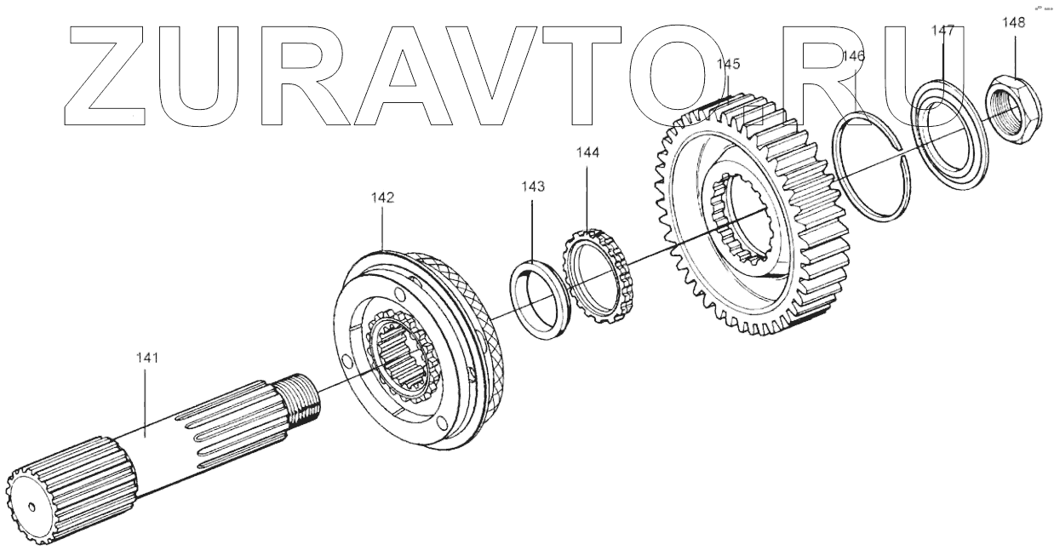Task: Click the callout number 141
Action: [x=146, y=358]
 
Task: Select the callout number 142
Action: [x=382, y=198]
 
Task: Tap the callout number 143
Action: [x=533, y=186]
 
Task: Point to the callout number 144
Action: [x=587, y=152]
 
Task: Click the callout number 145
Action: [x=729, y=64]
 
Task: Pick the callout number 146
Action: [x=853, y=56]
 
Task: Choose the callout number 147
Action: [x=942, y=31]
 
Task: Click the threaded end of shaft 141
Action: [x=303, y=399]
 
